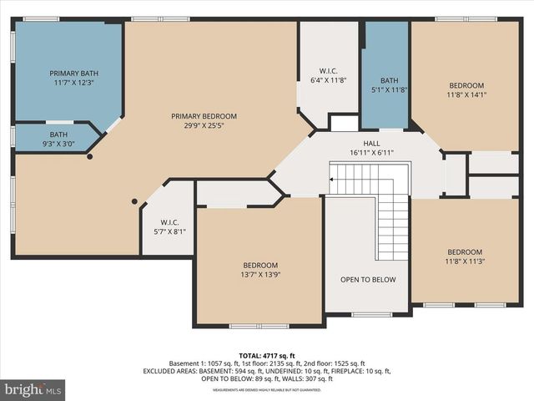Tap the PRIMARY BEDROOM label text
[204, 116]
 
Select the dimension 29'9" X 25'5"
[204, 126]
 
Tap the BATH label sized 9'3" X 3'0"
[58, 135]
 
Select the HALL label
[371, 144]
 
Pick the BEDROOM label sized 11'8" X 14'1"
[466, 85]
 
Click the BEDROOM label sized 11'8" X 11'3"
[465, 252]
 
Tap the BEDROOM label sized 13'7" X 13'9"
[260, 265]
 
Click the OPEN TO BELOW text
[368, 280]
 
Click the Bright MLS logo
[33, 389]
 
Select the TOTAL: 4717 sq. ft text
[266, 355]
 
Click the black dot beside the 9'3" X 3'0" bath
[90, 156]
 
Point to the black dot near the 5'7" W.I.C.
[133, 201]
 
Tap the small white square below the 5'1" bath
[343, 123]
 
